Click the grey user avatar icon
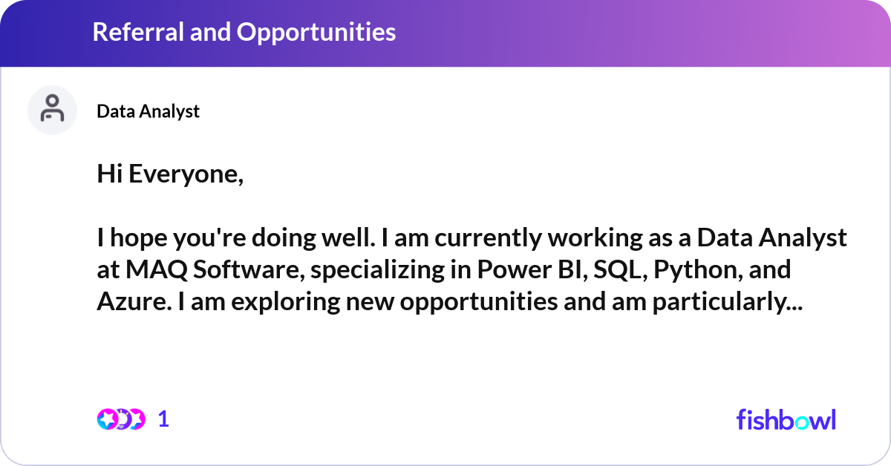pos(52,110)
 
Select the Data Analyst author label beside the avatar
pos(148,111)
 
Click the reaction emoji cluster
pos(120,419)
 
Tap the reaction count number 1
pos(164,419)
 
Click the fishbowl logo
pos(786,419)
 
